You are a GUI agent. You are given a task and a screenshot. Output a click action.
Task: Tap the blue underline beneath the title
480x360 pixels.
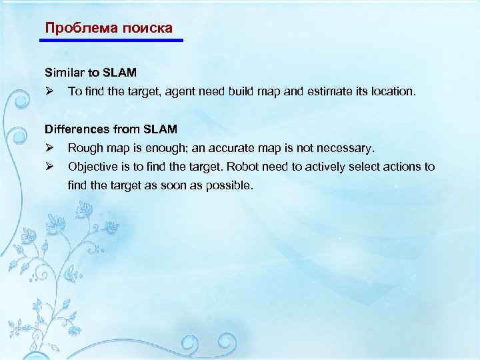click(111, 41)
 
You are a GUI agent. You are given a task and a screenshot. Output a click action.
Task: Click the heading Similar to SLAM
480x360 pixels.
click(90, 71)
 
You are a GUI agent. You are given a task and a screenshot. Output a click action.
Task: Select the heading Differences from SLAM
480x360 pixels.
click(111, 128)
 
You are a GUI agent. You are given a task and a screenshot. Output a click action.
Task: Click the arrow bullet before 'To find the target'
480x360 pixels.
click(49, 91)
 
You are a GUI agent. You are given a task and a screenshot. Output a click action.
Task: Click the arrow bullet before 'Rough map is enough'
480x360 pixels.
click(49, 148)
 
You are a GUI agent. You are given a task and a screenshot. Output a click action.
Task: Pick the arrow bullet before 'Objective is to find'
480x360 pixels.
click(49, 167)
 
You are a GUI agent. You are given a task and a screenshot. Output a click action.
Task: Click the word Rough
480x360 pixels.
click(83, 148)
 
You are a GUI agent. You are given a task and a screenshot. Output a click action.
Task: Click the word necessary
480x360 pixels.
click(347, 148)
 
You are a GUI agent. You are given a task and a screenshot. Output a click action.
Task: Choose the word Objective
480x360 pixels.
click(92, 167)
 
